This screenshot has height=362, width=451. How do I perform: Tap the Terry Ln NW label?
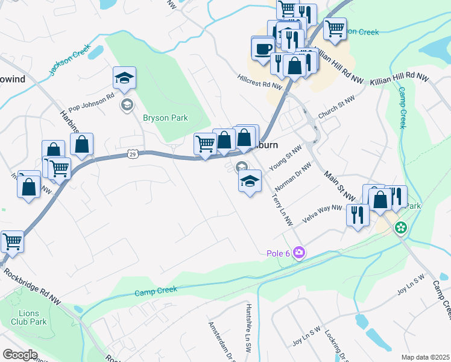click(282, 208)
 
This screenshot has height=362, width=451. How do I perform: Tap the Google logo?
click(20, 355)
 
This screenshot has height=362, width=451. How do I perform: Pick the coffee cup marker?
click(263, 48)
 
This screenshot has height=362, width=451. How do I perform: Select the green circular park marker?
click(400, 228)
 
